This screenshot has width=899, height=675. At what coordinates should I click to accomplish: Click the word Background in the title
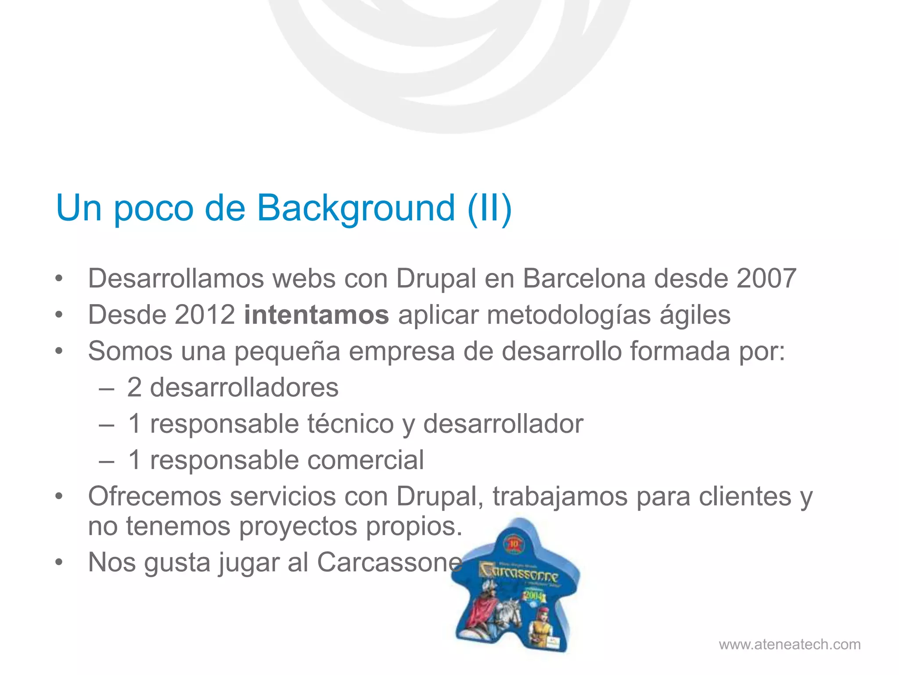click(x=356, y=208)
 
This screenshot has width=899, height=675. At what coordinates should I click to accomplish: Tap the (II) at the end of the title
click(x=489, y=208)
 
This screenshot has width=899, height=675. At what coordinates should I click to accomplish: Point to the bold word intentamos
click(x=316, y=315)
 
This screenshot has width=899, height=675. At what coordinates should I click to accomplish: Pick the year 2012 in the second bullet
click(x=205, y=315)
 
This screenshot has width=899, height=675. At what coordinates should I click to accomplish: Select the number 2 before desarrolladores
click(x=134, y=388)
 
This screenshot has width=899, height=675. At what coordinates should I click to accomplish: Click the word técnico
click(x=350, y=424)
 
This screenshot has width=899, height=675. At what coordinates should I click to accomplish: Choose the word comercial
click(x=366, y=461)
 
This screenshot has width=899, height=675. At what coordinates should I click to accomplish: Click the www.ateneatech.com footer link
click(x=789, y=645)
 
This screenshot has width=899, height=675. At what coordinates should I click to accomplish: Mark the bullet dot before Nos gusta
click(x=59, y=562)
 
